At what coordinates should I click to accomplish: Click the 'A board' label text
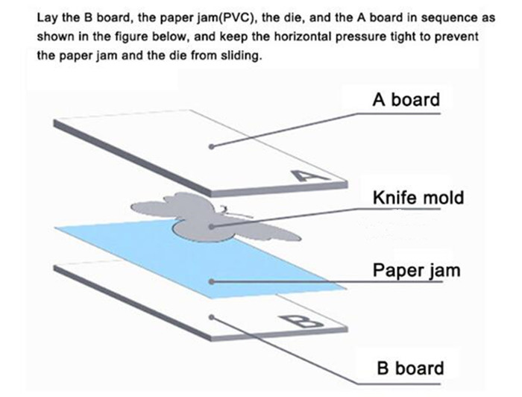click(x=406, y=99)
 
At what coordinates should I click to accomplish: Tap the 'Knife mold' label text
click(x=418, y=198)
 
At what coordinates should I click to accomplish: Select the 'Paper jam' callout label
click(x=416, y=269)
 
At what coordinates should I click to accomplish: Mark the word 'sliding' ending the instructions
click(x=241, y=56)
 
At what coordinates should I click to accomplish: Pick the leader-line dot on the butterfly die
click(x=213, y=225)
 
